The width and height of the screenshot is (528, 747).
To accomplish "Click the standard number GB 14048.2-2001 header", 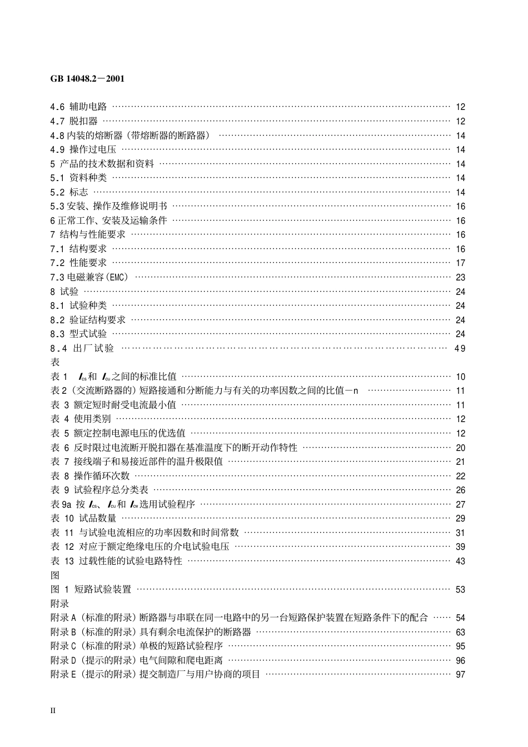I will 87,78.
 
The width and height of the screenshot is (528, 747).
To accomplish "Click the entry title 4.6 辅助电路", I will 78,107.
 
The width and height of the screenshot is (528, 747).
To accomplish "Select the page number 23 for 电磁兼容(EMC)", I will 460,277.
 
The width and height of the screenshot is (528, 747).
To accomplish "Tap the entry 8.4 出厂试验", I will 82,348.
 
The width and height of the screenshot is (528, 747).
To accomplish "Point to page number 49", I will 460,348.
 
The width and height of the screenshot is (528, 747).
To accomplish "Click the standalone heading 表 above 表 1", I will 55,362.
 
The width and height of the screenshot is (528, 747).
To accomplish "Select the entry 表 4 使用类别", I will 81,419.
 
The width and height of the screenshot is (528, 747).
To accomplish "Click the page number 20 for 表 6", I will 460,448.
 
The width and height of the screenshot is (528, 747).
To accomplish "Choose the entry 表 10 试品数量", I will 84,518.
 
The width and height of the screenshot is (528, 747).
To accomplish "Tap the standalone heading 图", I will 55,575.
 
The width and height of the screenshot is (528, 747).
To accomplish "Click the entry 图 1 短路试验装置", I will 91,589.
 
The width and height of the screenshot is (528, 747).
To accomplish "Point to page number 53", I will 460,589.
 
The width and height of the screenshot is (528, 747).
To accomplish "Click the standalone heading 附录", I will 59,604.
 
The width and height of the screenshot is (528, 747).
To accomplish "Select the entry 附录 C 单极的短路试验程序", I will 137,646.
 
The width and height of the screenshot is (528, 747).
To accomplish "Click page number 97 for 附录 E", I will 460,674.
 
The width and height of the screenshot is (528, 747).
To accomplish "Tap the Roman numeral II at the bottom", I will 53,710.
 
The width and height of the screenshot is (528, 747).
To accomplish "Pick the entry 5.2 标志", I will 69,192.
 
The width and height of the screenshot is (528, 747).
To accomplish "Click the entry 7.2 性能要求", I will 78,263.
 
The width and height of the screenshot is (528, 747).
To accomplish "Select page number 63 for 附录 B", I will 460,632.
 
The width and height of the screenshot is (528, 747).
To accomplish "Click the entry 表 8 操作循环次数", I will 90,476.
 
